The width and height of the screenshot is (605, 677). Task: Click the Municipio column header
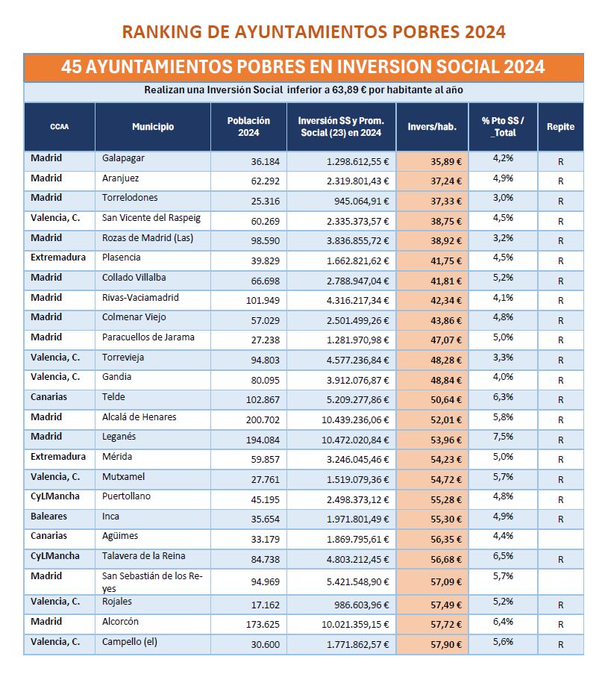[153, 126]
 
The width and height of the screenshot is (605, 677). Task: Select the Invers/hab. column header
[432, 126]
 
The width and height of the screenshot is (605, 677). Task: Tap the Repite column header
[560, 126]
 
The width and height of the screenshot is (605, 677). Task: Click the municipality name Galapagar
[122, 158]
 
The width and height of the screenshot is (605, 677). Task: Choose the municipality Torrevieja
[124, 357]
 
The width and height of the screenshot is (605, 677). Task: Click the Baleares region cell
[49, 516]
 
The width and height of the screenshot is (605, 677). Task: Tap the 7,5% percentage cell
[503, 436]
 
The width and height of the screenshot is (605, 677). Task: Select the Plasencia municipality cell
[121, 258]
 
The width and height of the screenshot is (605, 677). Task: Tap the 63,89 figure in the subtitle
[390, 90]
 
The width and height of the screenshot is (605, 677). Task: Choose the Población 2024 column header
[248, 126]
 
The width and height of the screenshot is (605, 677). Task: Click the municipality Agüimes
[120, 535]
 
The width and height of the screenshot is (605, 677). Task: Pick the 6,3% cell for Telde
[503, 396]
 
